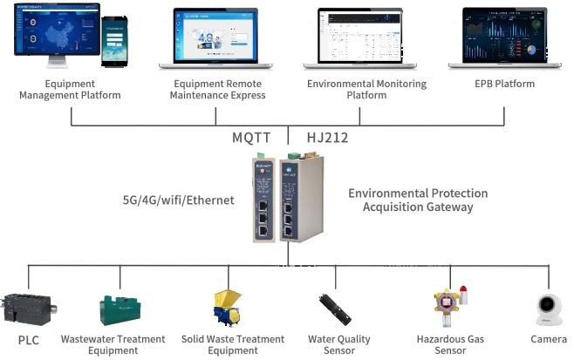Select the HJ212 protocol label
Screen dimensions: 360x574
[x=328, y=138]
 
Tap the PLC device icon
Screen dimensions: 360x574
[x=29, y=309]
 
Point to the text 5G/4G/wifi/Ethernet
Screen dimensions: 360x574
[x=179, y=200]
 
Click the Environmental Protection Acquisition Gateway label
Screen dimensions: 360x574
[x=417, y=200]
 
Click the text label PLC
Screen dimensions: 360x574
[x=28, y=340]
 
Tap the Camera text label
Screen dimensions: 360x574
[x=549, y=339]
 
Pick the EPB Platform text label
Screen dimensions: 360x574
[x=504, y=84]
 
